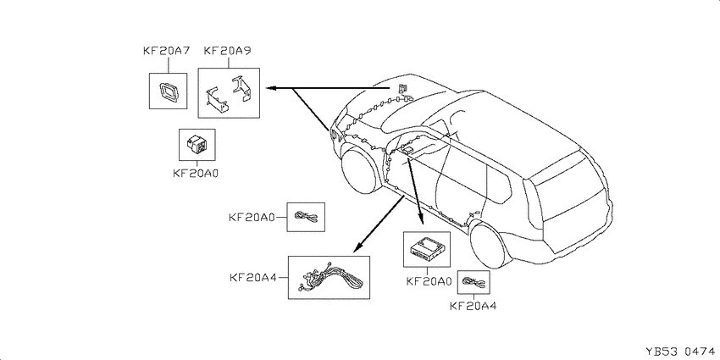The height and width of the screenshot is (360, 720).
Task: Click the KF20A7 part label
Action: pyautogui.click(x=167, y=51)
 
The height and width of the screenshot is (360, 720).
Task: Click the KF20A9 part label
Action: pyautogui.click(x=227, y=51)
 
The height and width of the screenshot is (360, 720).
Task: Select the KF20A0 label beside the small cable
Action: pyautogui.click(x=252, y=217)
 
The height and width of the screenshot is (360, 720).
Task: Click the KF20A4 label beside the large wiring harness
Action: pyautogui.click(x=253, y=278)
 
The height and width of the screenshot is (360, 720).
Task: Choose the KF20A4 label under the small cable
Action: pyautogui.click(x=473, y=306)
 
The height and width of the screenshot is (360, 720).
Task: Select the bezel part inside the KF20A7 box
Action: pyautogui.click(x=169, y=91)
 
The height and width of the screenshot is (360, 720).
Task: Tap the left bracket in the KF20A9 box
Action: pyautogui.click(x=218, y=100)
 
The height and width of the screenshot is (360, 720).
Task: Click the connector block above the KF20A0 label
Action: pyautogui.click(x=196, y=145)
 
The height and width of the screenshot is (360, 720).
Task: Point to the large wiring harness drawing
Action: pyautogui.click(x=330, y=278)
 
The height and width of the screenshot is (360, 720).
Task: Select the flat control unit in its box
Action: pyautogui.click(x=426, y=249)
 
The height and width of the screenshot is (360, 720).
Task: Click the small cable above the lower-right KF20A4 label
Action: pyautogui.click(x=474, y=282)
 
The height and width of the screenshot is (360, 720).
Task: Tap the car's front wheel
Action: pyautogui.click(x=361, y=169)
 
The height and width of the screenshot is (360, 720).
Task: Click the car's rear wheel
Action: pyautogui.click(x=490, y=243)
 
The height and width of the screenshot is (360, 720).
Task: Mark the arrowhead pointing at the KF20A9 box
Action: pyautogui.click(x=270, y=88)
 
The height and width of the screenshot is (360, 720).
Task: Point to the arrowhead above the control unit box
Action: pyautogui.click(x=421, y=219)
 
